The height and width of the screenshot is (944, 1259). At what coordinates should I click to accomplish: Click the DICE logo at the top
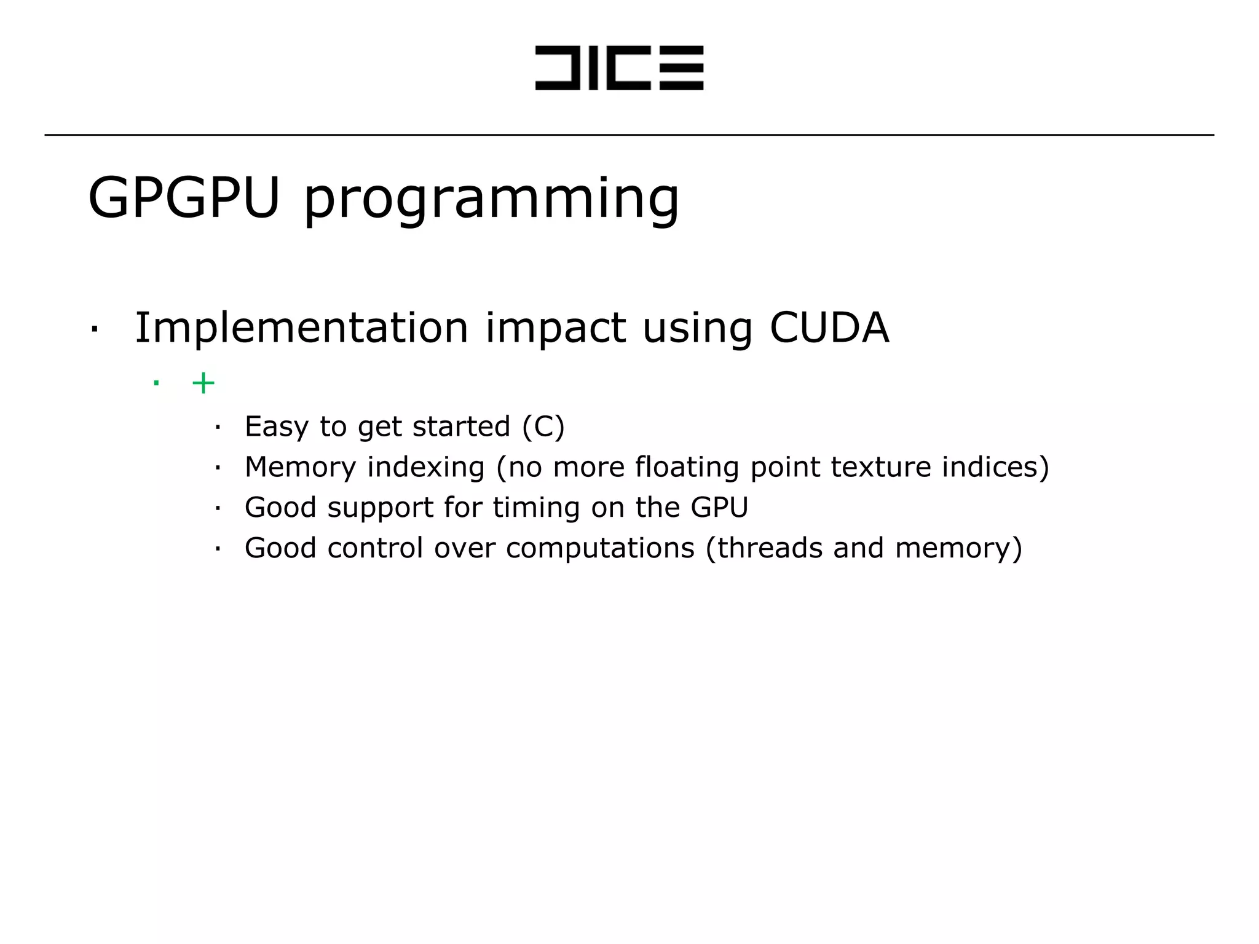click(x=619, y=68)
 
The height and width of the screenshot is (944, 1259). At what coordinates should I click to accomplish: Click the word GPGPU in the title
click(x=184, y=198)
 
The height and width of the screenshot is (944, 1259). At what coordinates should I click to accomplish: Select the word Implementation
click(x=302, y=328)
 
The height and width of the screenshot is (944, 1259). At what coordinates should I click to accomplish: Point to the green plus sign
click(x=203, y=383)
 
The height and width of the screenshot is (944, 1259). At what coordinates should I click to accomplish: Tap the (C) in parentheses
click(x=543, y=427)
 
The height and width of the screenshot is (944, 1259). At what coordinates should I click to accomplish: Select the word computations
click(x=600, y=548)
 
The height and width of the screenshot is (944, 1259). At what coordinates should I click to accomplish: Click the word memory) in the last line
click(x=958, y=548)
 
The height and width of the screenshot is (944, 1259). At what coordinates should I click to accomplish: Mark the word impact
click(x=556, y=328)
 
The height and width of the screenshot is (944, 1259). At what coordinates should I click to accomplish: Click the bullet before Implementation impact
click(x=94, y=329)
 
